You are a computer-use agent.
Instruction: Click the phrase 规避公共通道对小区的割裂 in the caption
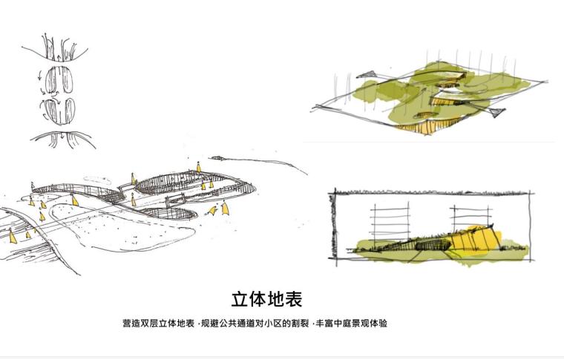[256, 324]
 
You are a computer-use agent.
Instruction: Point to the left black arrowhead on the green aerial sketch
[367, 73]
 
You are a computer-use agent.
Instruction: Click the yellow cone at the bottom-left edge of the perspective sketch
[13, 238]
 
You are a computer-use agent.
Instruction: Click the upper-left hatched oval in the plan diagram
[48, 79]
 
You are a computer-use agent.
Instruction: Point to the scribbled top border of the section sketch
[430, 194]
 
